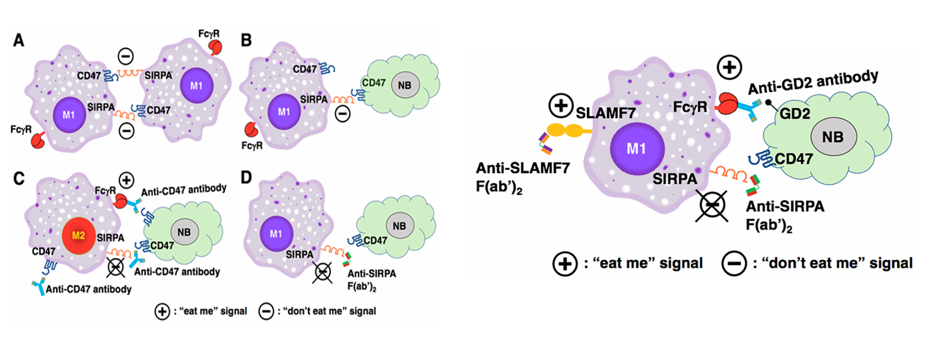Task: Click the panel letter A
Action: click(22, 41)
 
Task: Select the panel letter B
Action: click(246, 41)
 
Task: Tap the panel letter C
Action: click(22, 177)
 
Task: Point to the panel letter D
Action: click(246, 177)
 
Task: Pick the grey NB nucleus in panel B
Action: click(402, 86)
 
